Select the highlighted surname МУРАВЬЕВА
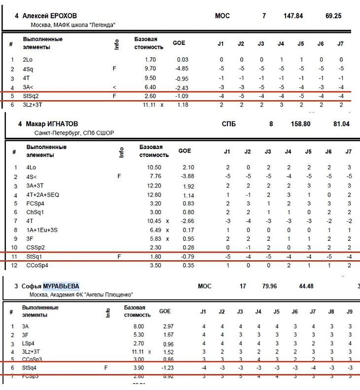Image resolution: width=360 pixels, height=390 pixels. [61, 286]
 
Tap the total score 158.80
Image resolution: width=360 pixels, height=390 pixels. [300, 124]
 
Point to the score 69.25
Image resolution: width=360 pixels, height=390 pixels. [333, 16]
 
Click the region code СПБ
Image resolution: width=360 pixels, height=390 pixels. [228, 124]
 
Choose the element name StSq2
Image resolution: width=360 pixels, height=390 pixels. [31, 96]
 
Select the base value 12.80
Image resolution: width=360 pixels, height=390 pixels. [154, 195]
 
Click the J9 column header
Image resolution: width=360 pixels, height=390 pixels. [350, 312]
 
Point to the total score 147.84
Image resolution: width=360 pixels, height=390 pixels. [293, 16]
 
